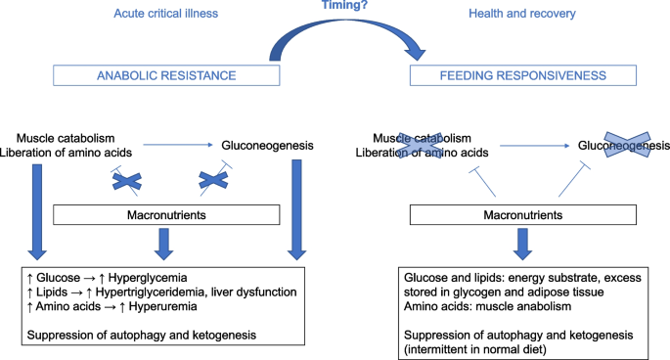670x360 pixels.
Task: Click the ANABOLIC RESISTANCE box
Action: pos(167,76)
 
